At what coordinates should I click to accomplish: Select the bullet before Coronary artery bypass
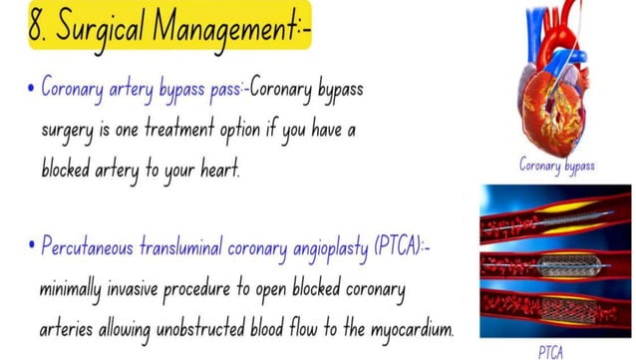click(32, 88)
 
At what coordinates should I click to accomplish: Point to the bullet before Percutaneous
click(32, 244)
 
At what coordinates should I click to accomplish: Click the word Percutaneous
click(91, 245)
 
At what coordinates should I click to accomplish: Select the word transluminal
click(202, 245)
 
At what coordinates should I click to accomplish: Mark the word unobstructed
click(237, 327)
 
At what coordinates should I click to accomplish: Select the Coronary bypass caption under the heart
click(558, 166)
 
